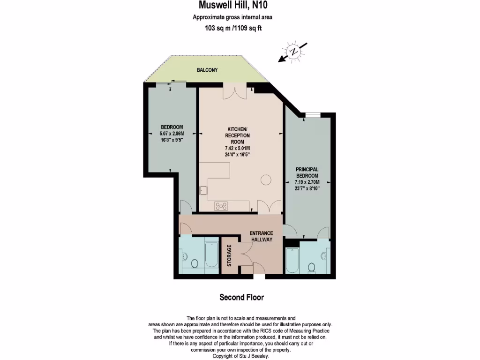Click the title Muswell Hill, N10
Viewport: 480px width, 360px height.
click(233, 6)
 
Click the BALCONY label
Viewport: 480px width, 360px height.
click(207, 70)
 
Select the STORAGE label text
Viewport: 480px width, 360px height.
click(229, 255)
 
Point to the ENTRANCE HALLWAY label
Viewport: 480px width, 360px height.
click(261, 236)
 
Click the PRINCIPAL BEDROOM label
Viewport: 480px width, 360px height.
click(307, 172)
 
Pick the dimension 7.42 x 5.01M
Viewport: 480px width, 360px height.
click(238, 149)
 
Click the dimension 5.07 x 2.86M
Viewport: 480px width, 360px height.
click(172, 133)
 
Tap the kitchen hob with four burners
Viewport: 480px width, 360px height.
click(221, 205)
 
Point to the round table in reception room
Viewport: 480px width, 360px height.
click(266, 179)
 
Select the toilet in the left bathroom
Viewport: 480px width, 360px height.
click(185, 257)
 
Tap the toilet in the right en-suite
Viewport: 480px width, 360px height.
click(311, 267)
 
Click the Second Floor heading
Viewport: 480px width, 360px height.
click(241, 297)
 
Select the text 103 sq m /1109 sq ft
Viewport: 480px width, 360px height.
click(232, 28)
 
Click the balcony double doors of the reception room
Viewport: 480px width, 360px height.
click(234, 92)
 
